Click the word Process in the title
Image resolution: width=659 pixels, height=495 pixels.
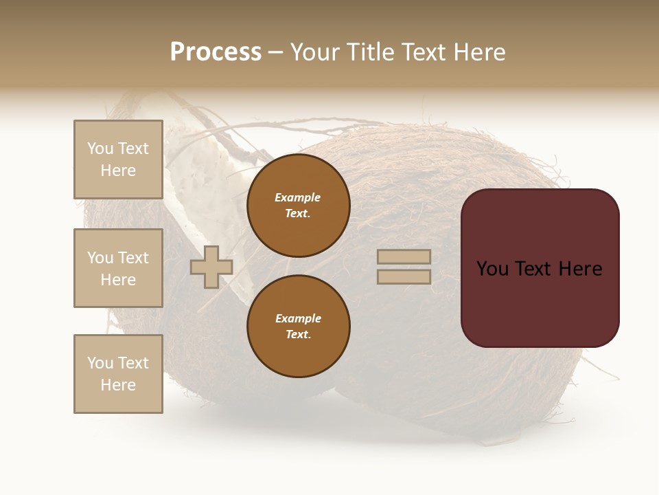click(216, 52)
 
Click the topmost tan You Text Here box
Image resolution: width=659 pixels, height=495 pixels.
click(118, 159)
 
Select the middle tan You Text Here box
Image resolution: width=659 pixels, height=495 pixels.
click(118, 268)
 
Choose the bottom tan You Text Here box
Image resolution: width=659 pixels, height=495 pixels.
click(118, 374)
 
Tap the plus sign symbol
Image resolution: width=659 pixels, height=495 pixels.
click(211, 267)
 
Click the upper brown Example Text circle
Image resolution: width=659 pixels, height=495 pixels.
click(299, 206)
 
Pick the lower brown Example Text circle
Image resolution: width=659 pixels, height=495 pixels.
click(299, 327)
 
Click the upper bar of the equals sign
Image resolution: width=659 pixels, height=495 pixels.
click(404, 257)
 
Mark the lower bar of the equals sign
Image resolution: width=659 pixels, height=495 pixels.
click(404, 276)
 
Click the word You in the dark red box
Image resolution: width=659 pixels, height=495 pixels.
click(492, 269)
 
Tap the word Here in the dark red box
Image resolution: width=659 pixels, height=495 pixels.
click(580, 269)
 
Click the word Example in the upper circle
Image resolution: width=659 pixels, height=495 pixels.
click(298, 197)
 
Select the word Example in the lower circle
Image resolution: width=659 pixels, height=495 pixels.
click(298, 318)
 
